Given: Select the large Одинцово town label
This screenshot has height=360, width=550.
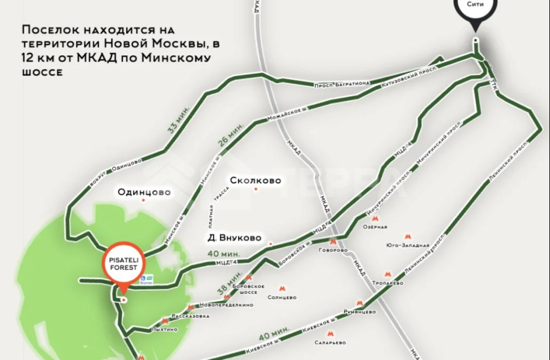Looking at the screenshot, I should point(144,192).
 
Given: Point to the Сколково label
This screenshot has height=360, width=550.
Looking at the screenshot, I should point(255,181).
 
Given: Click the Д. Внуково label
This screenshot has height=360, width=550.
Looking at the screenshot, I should point(235,238).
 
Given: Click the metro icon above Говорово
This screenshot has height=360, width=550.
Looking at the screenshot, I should point(333,242).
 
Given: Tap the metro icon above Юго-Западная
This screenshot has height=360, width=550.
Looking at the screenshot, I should point(407,236).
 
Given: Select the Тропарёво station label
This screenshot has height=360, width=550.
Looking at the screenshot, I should point(387,283).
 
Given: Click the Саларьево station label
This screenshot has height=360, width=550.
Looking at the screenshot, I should point(331,343).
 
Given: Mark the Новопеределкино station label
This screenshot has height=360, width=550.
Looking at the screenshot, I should point(227,305).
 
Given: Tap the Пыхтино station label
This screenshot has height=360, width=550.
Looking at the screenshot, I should point(165,329).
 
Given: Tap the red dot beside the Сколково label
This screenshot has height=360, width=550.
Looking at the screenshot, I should point(256,190).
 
